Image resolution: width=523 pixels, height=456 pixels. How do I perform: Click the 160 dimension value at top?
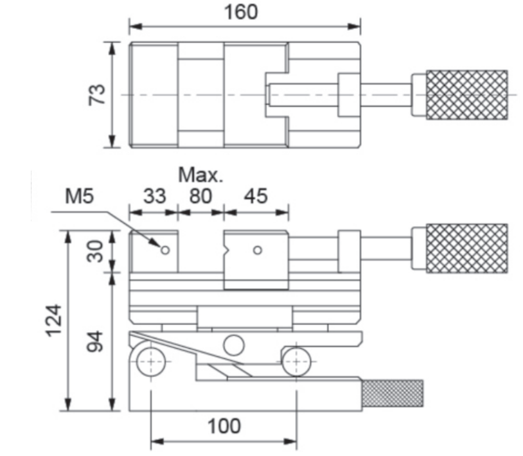pos(241,12)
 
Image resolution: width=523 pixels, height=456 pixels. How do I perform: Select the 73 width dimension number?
pos(97,95)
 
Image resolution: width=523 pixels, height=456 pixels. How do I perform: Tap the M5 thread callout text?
pos(80,196)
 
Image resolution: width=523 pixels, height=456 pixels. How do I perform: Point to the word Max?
pos(200,175)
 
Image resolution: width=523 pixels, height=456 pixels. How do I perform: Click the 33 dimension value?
pos(154,196)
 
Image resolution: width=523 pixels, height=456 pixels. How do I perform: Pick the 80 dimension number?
pos(200,196)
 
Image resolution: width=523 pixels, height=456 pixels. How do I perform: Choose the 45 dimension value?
pos(256,196)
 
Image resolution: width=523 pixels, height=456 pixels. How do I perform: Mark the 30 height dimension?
pos(95,251)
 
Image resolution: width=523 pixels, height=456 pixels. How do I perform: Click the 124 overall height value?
pos(53,320)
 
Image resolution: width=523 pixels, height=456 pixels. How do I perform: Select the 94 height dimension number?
pos(95,341)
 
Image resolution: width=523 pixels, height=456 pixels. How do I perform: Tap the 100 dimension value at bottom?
pos(224,426)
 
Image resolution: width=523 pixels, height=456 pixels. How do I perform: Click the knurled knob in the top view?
pos(467,95)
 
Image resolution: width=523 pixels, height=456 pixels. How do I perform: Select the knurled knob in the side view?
pos(467,249)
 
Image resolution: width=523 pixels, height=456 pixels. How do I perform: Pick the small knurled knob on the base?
pos(393,393)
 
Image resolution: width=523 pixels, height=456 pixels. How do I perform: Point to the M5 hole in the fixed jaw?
pos(165,250)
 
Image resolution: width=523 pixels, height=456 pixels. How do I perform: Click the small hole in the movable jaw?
pos(257,250)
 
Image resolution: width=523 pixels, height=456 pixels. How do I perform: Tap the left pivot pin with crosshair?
pos(151,362)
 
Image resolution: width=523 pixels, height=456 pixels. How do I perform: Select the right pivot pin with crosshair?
pos(296,362)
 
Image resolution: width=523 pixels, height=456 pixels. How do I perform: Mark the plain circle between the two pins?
pos(233,346)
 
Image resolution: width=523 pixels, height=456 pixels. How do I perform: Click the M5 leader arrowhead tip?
pos(161,247)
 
